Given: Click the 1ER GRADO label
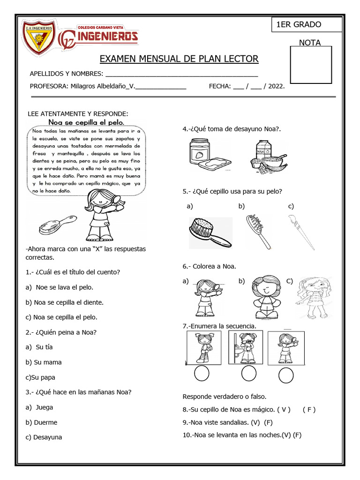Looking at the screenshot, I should pos(299,25).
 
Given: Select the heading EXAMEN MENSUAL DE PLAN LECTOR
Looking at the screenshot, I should pos(179,59).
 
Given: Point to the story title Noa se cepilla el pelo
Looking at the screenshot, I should pos(86,122).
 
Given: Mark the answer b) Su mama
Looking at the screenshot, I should pos(44,362).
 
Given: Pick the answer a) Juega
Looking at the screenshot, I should pos(40,407).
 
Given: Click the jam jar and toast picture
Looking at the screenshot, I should pos(210,155).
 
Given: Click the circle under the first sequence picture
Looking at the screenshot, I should pos(202,374).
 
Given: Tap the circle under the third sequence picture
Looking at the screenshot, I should pos(285,375).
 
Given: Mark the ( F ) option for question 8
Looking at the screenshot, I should pos(309,409).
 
